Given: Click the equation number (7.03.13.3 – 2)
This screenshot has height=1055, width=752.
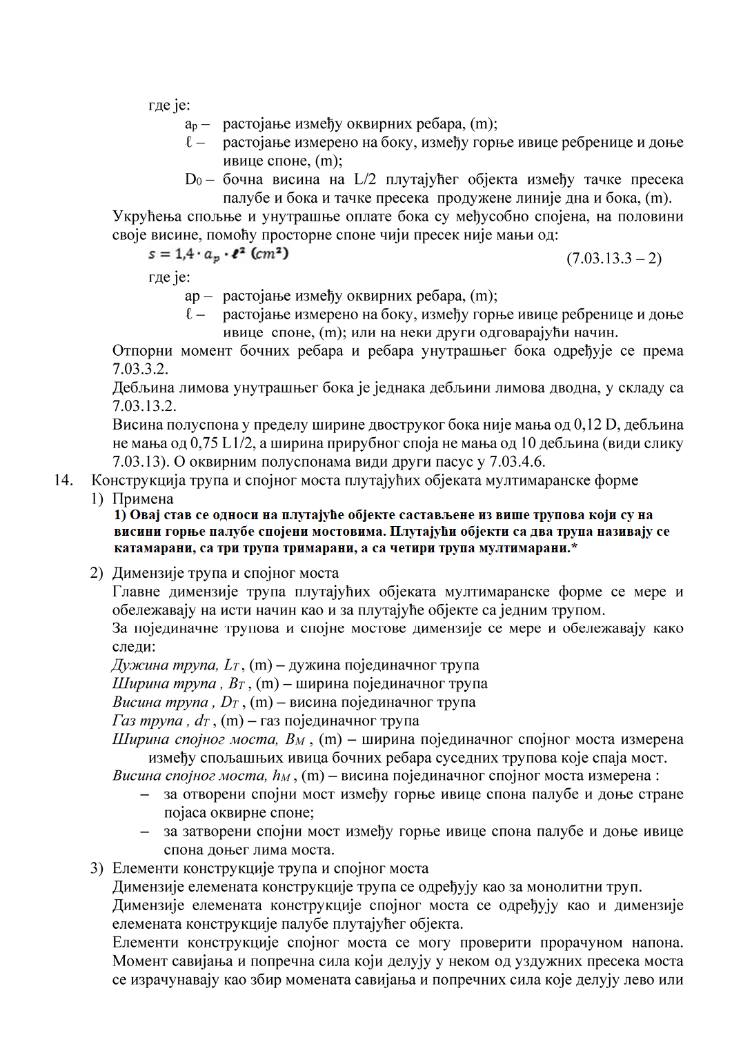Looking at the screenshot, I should [x=613, y=259].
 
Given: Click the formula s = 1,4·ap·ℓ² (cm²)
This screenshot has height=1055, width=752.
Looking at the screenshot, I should [x=218, y=254].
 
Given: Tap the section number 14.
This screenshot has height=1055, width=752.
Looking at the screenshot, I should [x=64, y=480].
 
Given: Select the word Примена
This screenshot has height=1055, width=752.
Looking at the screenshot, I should [x=143, y=499].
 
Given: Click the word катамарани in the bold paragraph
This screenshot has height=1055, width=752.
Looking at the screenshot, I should [x=150, y=548].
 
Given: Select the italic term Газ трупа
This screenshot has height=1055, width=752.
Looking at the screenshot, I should [x=147, y=721].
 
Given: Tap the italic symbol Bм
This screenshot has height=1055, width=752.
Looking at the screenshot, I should [x=295, y=740].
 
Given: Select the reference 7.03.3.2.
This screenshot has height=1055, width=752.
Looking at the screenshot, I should [x=140, y=370].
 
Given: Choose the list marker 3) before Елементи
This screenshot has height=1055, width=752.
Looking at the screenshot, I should [x=97, y=868].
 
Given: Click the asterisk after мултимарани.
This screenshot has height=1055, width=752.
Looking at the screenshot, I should [x=574, y=547].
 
